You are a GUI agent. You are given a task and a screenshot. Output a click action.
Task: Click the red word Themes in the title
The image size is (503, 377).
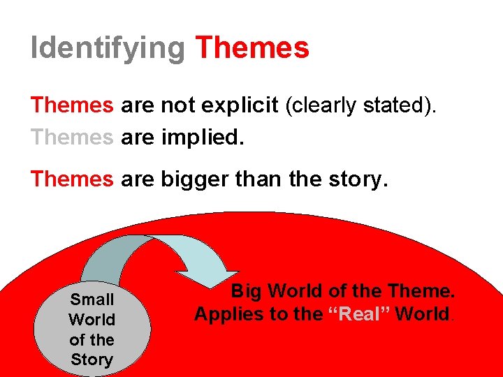click(252, 47)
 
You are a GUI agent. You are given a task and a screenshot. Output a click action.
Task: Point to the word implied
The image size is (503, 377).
click(203, 138)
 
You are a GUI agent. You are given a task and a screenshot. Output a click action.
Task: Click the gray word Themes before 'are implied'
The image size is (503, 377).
click(72, 138)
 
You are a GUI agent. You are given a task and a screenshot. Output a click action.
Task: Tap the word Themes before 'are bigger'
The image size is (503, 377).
click(72, 179)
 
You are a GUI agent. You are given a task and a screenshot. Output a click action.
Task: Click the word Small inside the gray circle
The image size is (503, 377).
click(92, 300)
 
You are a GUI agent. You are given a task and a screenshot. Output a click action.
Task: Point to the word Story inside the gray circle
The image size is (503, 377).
click(92, 360)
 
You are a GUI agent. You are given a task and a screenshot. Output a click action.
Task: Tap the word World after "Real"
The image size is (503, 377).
click(423, 314)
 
